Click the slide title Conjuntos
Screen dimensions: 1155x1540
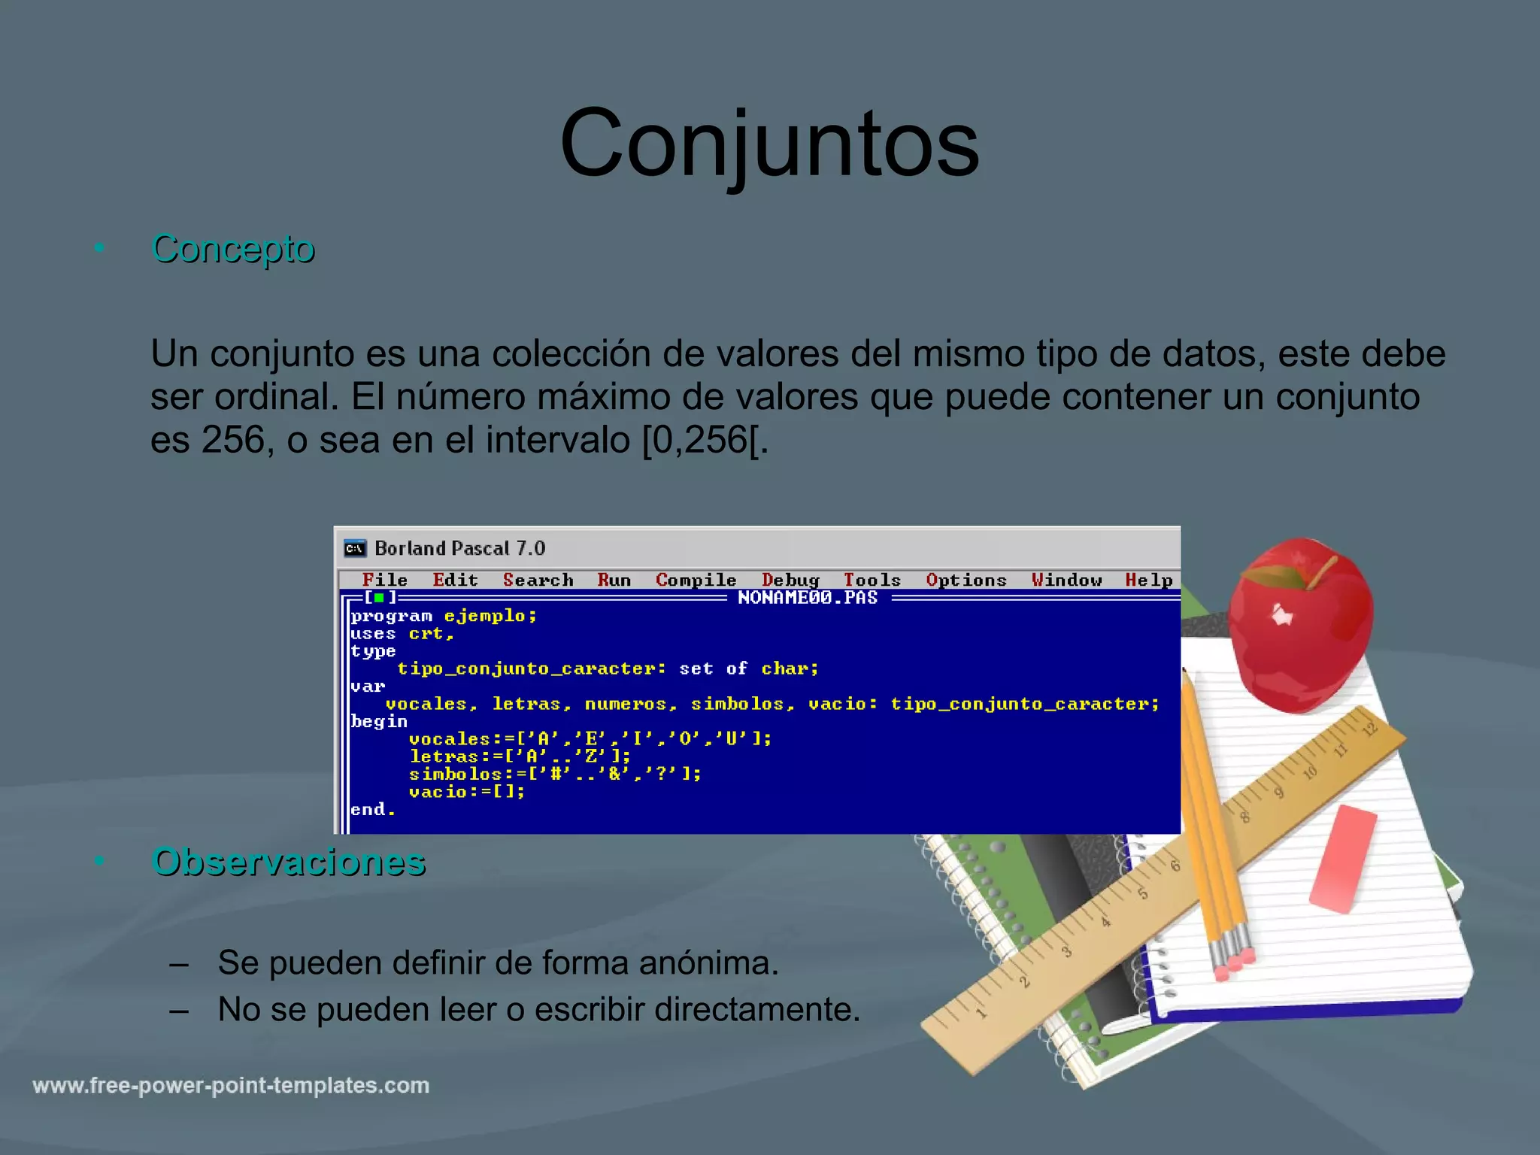click(769, 143)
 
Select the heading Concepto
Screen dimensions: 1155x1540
click(232, 248)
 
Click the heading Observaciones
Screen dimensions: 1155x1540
click(288, 862)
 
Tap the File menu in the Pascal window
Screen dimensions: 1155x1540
click(384, 580)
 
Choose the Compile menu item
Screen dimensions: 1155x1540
click(696, 580)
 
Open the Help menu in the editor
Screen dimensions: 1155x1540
click(1148, 580)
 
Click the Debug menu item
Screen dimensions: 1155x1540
click(790, 580)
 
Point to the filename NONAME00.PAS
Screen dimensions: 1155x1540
click(807, 598)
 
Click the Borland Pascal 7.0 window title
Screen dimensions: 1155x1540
click(459, 548)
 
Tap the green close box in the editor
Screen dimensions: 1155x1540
click(380, 598)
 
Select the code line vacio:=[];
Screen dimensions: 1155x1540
click(467, 792)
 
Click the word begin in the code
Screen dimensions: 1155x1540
click(379, 722)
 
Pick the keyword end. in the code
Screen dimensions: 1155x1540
click(373, 810)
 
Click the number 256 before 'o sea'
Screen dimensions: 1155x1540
click(233, 440)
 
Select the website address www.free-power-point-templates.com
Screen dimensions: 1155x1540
click(231, 1085)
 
